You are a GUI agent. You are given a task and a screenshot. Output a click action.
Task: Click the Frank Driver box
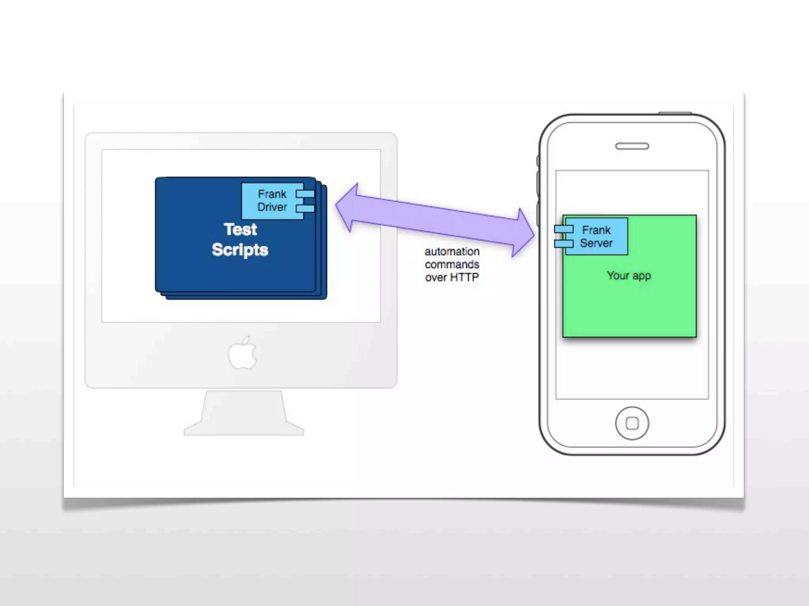point(272,201)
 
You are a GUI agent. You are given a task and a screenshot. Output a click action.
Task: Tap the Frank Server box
point(596,236)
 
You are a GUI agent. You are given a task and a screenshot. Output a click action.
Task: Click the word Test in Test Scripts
point(240,229)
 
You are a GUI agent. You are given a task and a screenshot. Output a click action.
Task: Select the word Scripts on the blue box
point(240,250)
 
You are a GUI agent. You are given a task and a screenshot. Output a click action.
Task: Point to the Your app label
point(628,275)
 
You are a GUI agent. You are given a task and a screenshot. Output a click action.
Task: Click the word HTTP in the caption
point(464,277)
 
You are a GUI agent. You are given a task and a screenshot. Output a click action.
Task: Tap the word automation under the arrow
point(452,251)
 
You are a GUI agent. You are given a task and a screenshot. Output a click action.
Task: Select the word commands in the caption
point(452,264)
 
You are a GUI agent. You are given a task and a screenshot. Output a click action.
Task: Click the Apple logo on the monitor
point(243,353)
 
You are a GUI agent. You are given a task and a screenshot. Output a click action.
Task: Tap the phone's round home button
point(632,423)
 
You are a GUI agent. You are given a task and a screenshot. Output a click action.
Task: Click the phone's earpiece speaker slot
point(632,146)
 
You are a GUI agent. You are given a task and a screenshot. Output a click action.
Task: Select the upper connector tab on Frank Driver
point(305,194)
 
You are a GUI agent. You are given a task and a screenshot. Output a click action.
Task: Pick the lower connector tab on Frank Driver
point(305,208)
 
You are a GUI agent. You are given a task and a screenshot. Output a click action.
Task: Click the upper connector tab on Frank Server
point(563,229)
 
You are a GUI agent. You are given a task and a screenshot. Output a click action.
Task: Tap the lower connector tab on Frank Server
point(563,244)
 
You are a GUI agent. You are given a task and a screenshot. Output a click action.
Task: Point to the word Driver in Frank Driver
point(272,207)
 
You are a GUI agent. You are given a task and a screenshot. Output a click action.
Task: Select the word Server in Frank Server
point(596,243)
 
